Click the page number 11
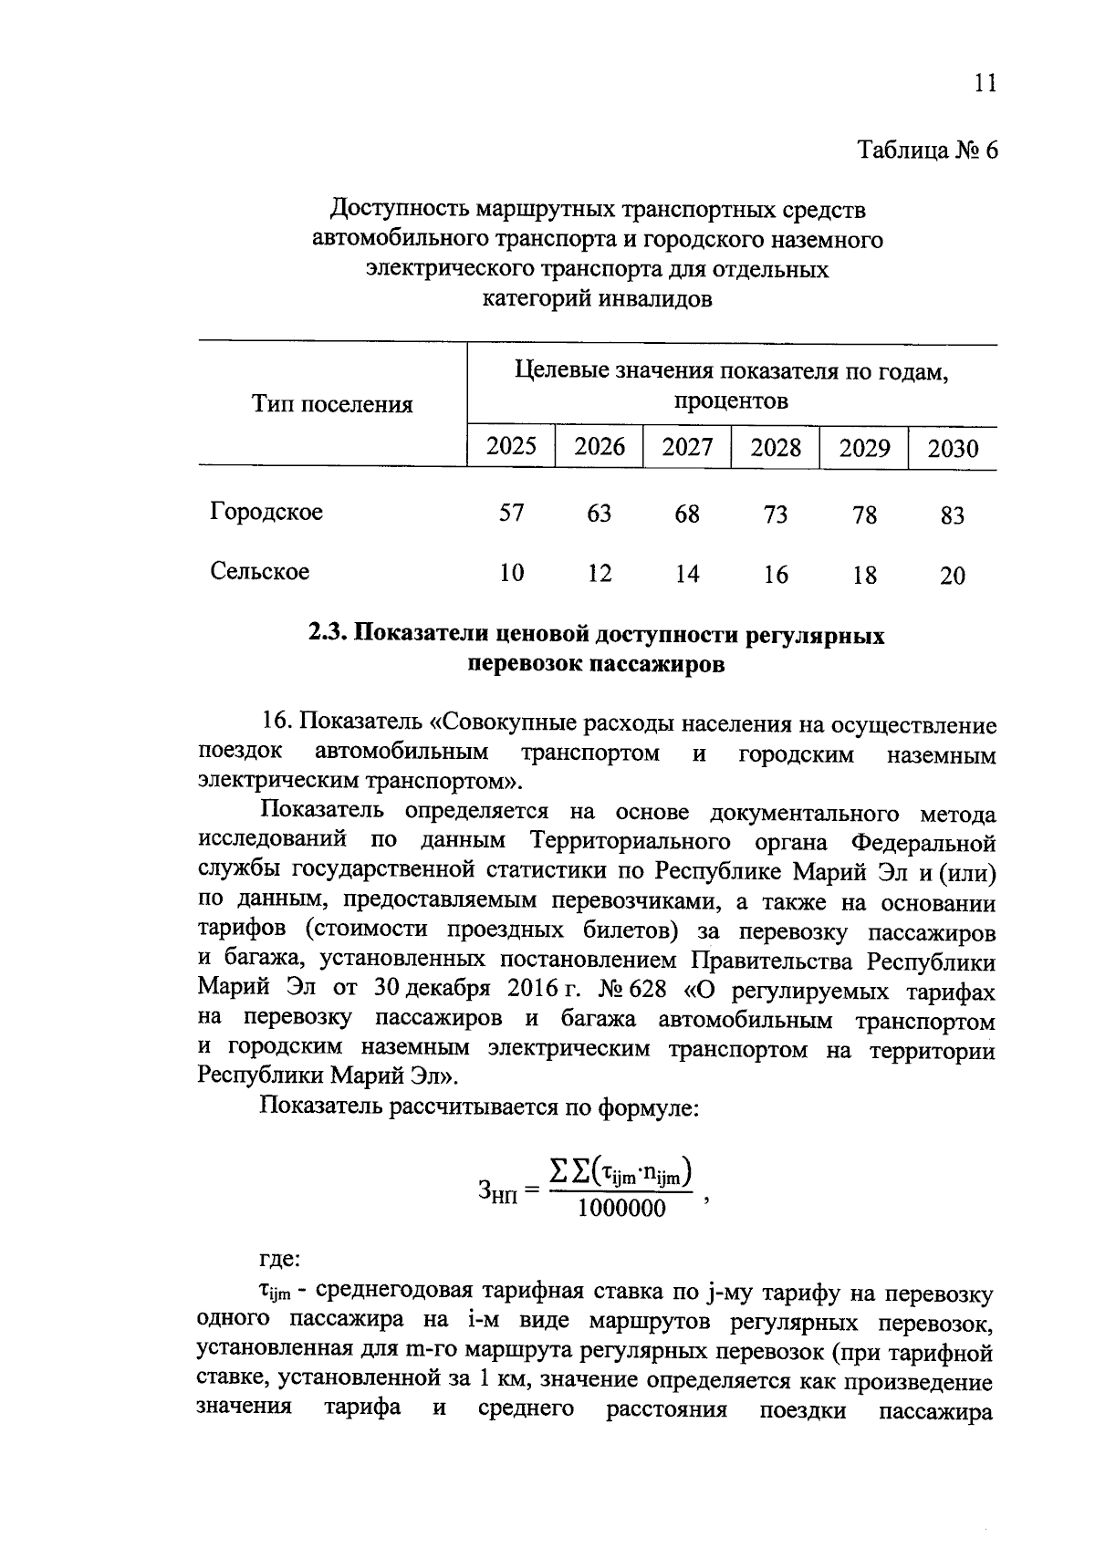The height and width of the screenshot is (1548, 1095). [x=984, y=84]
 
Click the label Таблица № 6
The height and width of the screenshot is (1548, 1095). [x=927, y=151]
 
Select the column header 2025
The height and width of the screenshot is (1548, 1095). [x=511, y=446]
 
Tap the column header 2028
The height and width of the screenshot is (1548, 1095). [x=776, y=447]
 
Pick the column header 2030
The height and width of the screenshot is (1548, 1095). [x=952, y=449]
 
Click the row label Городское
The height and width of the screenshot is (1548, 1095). [x=266, y=512]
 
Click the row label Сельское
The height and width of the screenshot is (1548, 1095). [x=260, y=572]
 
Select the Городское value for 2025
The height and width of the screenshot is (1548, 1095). [x=511, y=514]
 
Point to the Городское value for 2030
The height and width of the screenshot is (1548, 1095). [x=952, y=516]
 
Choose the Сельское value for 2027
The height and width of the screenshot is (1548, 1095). [x=687, y=574]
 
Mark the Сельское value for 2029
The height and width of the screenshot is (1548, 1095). [x=863, y=576]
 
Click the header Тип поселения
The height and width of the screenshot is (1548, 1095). [x=332, y=404]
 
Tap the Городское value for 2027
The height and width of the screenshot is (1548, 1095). [x=687, y=514]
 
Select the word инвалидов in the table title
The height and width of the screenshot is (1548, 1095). [x=653, y=298]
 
